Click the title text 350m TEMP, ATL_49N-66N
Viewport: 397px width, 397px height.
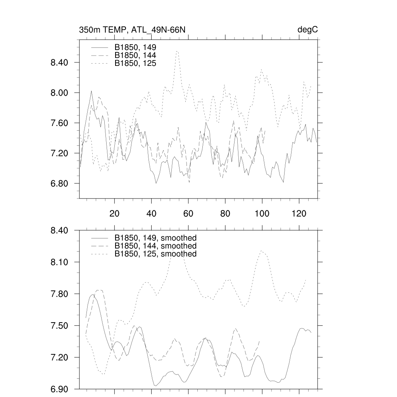tap(135, 30)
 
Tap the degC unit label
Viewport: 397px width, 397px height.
tap(308, 30)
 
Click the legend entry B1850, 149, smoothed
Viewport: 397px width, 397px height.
tap(155, 238)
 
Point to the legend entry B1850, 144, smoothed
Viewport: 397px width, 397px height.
tap(155, 246)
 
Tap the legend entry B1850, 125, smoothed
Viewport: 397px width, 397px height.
tap(155, 254)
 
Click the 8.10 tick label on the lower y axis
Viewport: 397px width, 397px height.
tap(60, 262)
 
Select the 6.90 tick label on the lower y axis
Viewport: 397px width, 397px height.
tap(60, 389)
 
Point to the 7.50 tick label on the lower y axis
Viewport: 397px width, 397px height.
tap(60, 326)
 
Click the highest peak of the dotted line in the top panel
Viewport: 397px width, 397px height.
tap(177, 51)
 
